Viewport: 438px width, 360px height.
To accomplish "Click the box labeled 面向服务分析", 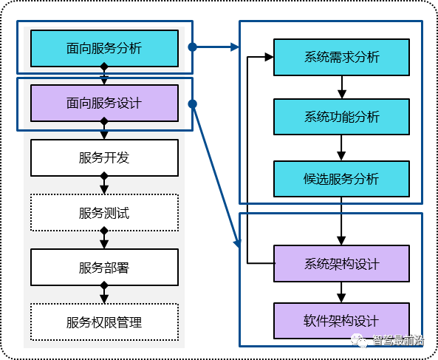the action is coord(104,48).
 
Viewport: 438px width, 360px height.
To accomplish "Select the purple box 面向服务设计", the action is coord(104,103).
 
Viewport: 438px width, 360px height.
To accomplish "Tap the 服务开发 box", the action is coord(104,158).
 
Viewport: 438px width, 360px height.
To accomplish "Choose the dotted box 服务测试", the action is coord(104,213).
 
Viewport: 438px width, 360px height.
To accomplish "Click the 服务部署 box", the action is coord(104,267).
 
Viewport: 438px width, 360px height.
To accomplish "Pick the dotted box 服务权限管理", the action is coord(104,322).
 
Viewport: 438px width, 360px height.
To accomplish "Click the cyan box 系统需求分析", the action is coord(342,58).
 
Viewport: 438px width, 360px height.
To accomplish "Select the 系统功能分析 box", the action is coord(342,117).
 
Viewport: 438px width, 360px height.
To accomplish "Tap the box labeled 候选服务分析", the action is coord(342,179).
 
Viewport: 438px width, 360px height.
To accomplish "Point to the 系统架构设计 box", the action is coord(342,264).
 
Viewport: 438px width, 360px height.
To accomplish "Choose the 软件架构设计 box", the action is coord(342,321).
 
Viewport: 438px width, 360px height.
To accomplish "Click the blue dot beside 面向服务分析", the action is coord(193,47).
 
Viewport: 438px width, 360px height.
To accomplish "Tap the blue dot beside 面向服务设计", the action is coord(193,104).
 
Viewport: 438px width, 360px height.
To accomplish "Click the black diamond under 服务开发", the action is coord(104,176).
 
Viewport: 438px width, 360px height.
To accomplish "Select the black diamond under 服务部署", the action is coord(104,285).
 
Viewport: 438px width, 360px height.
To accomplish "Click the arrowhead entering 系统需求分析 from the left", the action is coord(270,57).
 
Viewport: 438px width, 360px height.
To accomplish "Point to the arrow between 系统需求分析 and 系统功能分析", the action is coord(342,87).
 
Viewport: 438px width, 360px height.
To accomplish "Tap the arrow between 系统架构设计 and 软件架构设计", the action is coord(341,292).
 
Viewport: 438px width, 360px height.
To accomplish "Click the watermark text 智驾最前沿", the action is coord(398,341).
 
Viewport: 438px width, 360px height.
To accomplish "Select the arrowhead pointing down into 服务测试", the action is coord(104,190).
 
